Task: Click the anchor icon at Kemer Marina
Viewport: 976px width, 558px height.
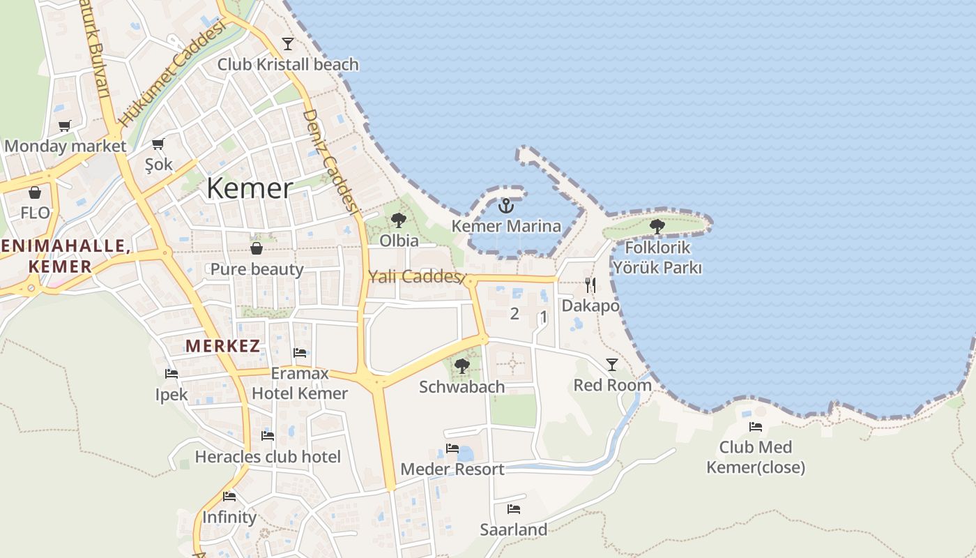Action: click(506, 205)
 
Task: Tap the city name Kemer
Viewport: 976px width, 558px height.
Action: click(250, 188)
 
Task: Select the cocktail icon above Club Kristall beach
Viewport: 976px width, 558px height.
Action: click(287, 43)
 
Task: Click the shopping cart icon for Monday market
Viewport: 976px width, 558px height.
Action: click(65, 126)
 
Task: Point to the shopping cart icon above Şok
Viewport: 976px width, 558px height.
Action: click(158, 144)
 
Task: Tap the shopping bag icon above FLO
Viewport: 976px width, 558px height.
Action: click(35, 193)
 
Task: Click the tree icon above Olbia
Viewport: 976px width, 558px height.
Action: click(399, 220)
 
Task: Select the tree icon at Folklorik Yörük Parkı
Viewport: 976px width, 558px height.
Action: click(657, 226)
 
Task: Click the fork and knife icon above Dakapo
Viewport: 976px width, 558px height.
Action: click(590, 285)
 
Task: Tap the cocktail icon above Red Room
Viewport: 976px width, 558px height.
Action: click(612, 364)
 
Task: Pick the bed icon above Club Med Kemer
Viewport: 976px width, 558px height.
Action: click(756, 427)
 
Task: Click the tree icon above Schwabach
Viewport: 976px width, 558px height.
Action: click(462, 365)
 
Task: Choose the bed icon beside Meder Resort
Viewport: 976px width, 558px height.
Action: click(452, 448)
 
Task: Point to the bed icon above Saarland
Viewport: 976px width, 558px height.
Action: click(514, 509)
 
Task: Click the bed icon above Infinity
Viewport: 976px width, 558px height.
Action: click(229, 497)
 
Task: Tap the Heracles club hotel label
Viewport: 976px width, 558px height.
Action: click(268, 457)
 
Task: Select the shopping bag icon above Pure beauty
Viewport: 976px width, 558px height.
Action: click(257, 248)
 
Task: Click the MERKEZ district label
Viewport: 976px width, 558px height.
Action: click(222, 345)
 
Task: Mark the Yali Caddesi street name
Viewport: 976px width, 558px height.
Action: click(413, 276)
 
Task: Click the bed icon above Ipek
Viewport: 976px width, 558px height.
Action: click(171, 374)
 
